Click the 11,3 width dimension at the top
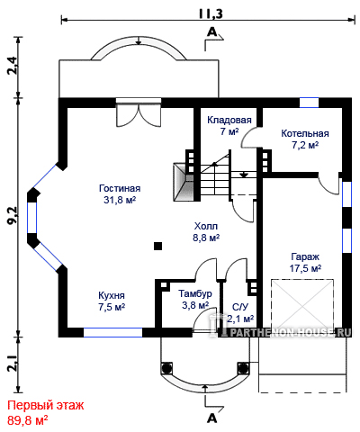coord(211,13)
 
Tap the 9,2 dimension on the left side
coord(13,216)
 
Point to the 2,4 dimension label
coord(13,67)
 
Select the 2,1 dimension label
coord(13,364)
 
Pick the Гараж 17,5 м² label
coord(305,263)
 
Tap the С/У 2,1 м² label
coord(240,312)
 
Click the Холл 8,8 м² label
coord(206,232)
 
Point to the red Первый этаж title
coord(46,406)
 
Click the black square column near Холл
coord(158,247)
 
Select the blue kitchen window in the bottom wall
coord(112,332)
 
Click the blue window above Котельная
coord(309,103)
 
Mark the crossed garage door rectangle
coord(302,304)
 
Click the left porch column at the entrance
coord(166,368)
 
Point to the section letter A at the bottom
coord(212,418)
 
